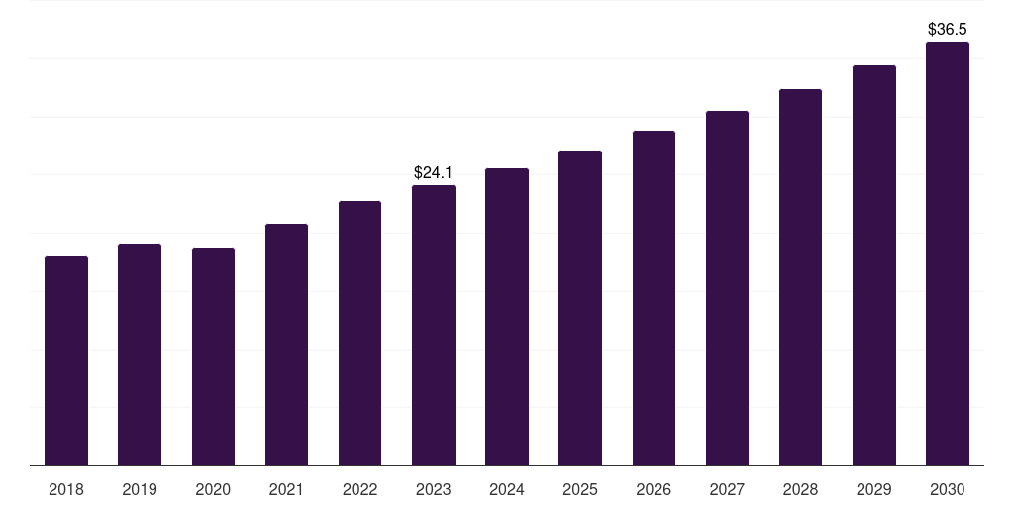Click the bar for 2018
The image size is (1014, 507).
point(66,361)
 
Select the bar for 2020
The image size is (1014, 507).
point(213,356)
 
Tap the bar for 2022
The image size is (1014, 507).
point(359,334)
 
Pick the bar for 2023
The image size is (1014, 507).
point(434,326)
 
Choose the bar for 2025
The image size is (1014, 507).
point(580,308)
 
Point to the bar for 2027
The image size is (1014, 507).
point(727,288)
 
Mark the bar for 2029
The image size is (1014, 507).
point(874,265)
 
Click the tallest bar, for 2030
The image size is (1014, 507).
point(948,253)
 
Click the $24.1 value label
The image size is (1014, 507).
point(434,173)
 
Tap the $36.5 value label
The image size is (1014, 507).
point(948,30)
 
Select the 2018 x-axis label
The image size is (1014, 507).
point(66,489)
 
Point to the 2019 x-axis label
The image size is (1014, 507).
point(140,489)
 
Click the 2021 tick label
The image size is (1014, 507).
point(286,489)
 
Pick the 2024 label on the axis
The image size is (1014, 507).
point(507,489)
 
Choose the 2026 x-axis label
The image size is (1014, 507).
point(654,489)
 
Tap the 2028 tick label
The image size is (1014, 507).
point(800,489)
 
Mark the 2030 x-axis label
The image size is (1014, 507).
point(948,489)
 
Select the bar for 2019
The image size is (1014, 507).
point(140,355)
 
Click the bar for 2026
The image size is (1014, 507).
point(654,298)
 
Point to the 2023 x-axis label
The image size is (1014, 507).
point(434,489)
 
